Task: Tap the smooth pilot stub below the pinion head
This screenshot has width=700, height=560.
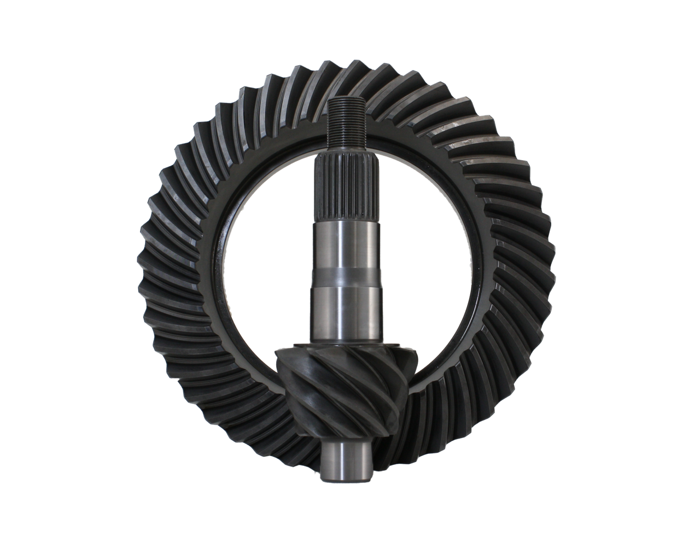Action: pos(345,459)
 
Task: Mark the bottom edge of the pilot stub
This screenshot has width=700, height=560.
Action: pos(345,481)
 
